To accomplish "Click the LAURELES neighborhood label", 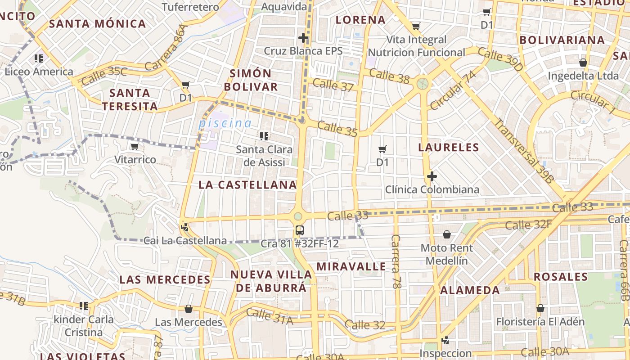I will (x=448, y=147).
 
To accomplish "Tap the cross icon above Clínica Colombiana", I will (x=432, y=176).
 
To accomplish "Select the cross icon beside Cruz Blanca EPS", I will (x=303, y=38).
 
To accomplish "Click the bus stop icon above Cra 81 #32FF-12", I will (x=299, y=230).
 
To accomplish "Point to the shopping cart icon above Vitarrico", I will (x=135, y=147).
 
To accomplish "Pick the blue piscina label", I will (x=225, y=123).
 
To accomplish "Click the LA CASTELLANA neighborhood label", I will (x=247, y=184).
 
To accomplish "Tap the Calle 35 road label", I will (x=337, y=129).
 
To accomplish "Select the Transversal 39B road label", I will (x=524, y=150).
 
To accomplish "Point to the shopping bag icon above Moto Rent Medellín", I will (x=447, y=234).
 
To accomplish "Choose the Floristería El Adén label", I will (x=540, y=322).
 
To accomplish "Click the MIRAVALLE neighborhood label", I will (x=351, y=266).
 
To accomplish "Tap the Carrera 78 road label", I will (x=396, y=261).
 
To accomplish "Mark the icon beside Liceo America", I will (x=39, y=58).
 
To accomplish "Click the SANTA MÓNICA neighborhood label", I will (x=97, y=23).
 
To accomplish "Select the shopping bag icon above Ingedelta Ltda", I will (x=583, y=63).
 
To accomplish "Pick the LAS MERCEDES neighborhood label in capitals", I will (x=165, y=279).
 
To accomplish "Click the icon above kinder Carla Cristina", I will (x=84, y=306).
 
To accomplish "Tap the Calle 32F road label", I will (x=528, y=224).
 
